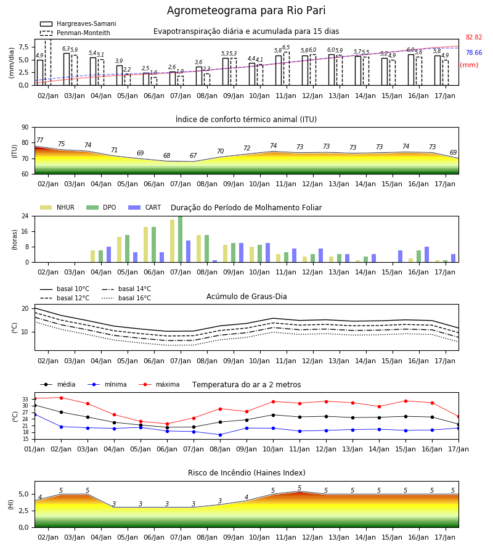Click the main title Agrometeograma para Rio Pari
point(246,10)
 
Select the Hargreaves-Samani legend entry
point(78,23)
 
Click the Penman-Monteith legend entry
point(75,33)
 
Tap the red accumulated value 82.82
point(474,37)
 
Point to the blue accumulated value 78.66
point(474,53)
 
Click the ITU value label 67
point(193,155)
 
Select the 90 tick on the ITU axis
point(25,128)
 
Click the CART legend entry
point(145,207)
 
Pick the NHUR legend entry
point(57,207)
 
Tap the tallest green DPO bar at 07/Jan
point(181,239)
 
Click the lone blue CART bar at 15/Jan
point(401,257)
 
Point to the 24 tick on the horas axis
point(25,216)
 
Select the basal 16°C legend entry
point(126,298)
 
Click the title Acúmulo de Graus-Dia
point(246,296)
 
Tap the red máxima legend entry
point(160,384)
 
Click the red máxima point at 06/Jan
point(167,424)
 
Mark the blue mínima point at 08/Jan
point(221,435)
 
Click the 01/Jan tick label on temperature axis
point(35,449)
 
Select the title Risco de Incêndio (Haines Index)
point(246,473)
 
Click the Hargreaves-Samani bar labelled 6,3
point(67,69)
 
